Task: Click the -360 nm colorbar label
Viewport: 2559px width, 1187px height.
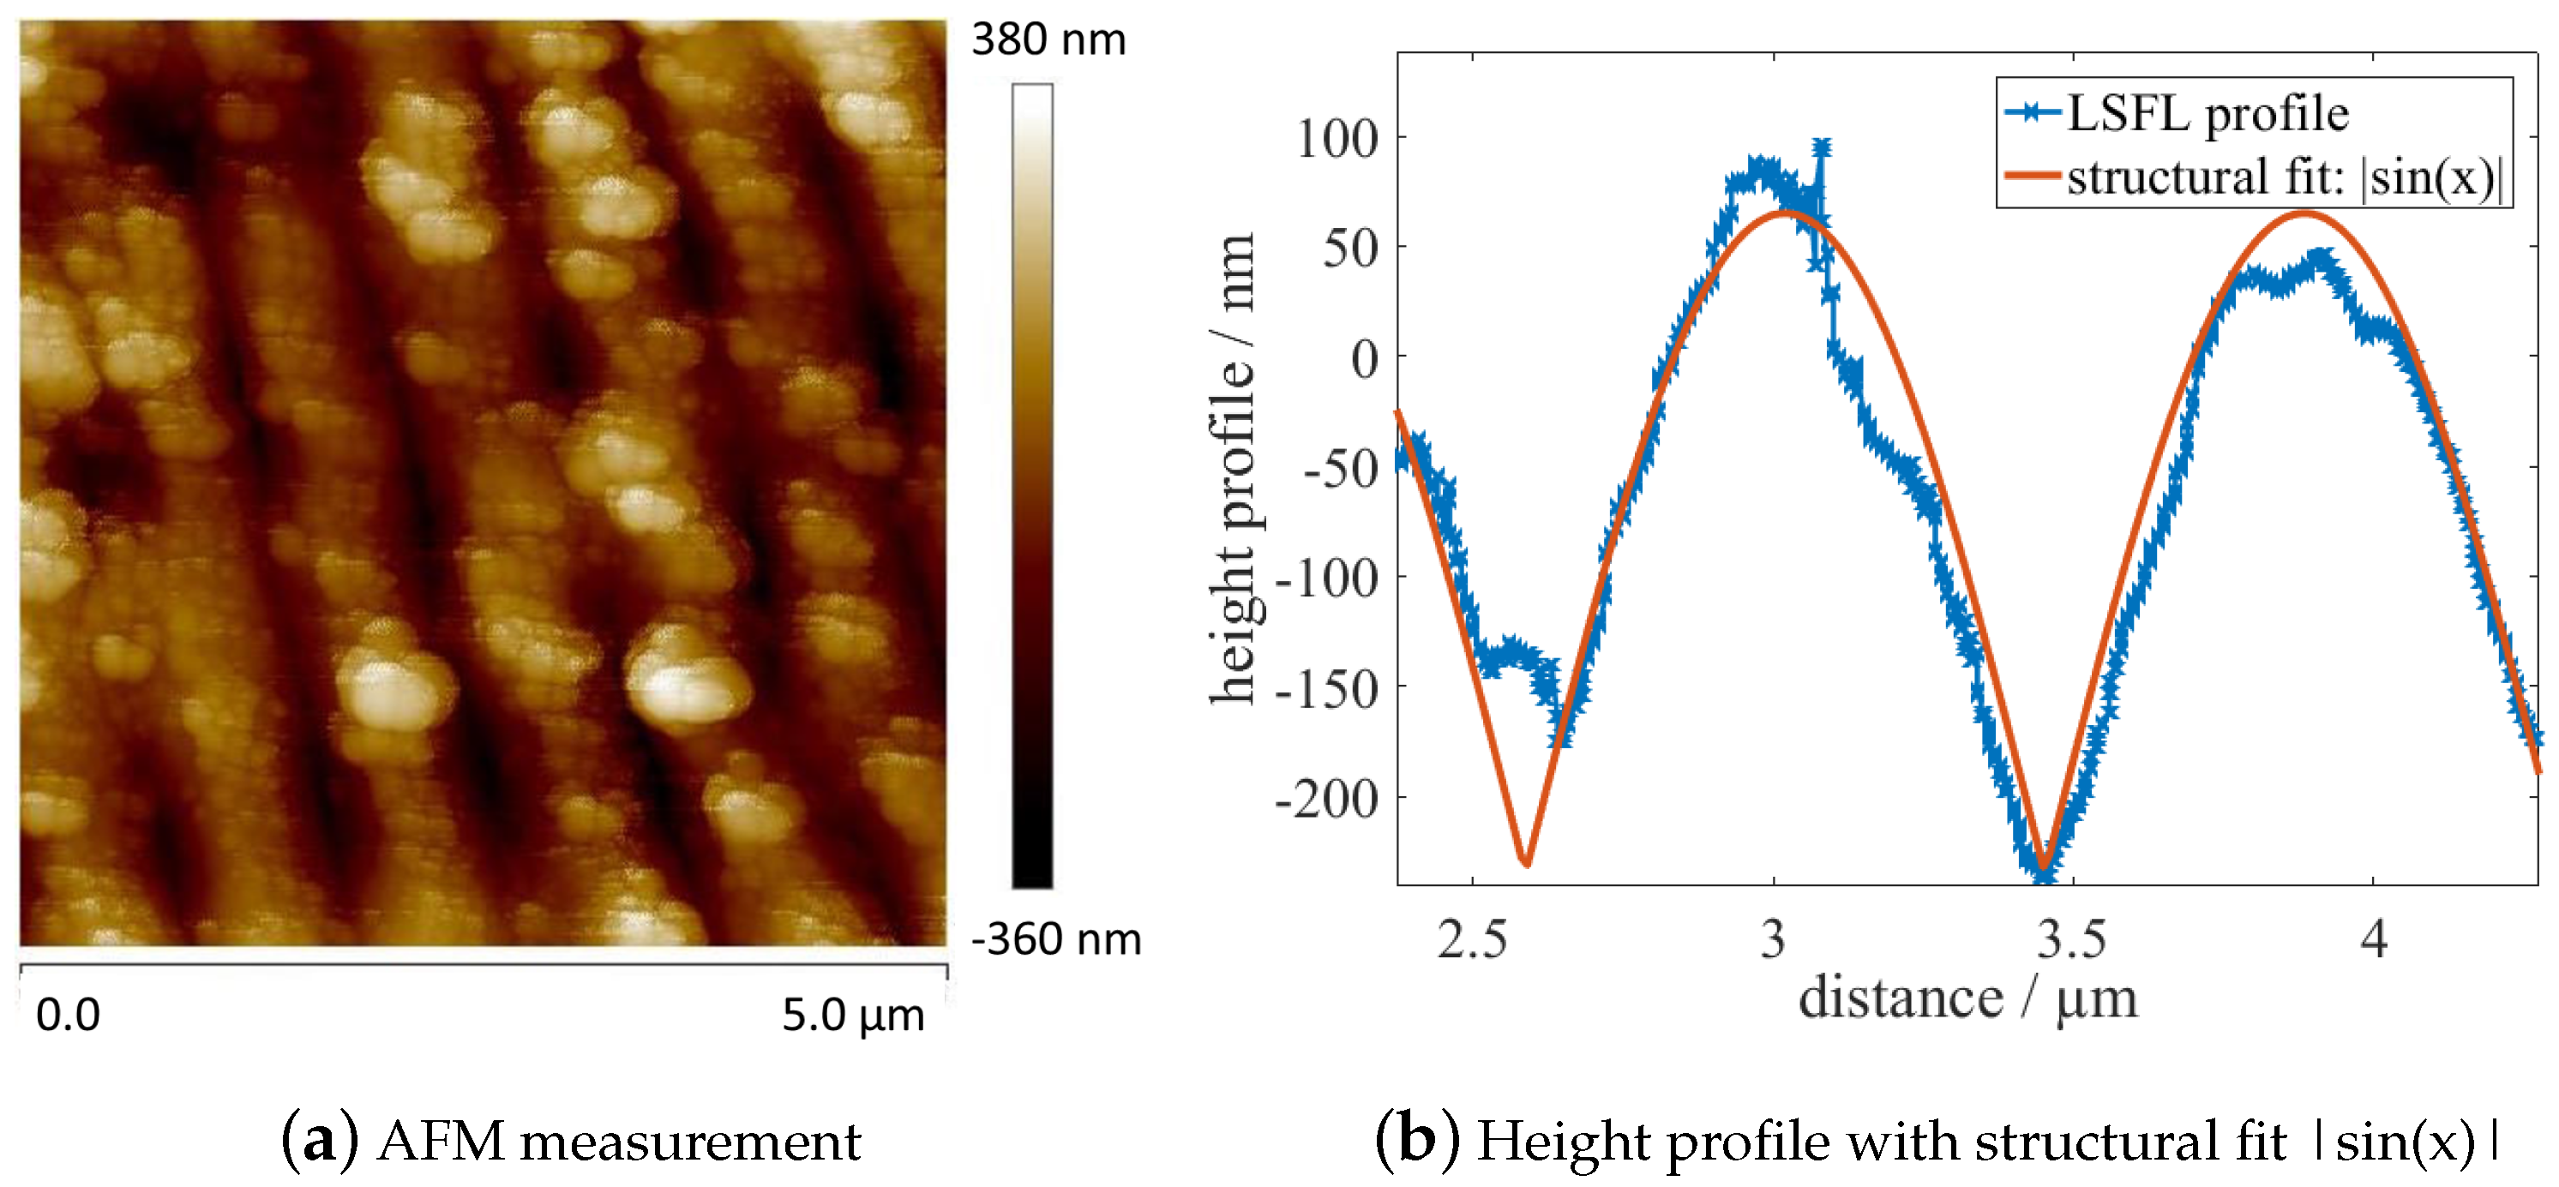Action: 1056,938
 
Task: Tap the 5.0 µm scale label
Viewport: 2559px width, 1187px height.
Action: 852,1014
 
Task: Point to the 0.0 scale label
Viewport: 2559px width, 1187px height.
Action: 68,1015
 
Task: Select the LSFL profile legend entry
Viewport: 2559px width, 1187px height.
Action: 2205,113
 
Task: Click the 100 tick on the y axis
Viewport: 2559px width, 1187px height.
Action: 1337,138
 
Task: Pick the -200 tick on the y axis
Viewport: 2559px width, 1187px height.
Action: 1327,798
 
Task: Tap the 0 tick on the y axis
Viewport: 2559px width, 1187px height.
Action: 1365,357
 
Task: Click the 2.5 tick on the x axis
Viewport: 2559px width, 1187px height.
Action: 1471,938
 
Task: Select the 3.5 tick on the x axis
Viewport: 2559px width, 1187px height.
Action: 2071,938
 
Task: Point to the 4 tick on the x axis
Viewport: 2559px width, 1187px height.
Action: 2373,938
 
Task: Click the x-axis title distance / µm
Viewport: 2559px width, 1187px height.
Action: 1967,998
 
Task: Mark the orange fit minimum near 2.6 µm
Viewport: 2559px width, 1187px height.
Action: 1527,863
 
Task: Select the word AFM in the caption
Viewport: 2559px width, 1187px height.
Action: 440,1141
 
